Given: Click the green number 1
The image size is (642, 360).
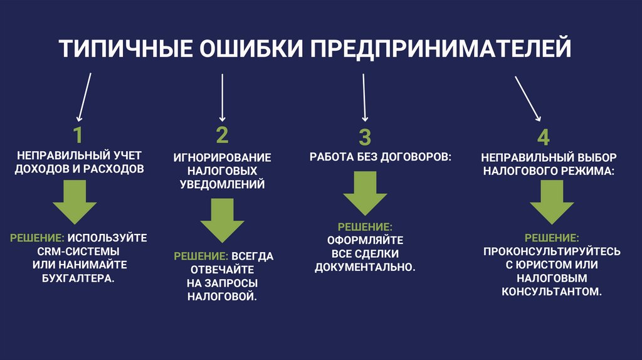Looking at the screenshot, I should click(x=77, y=135).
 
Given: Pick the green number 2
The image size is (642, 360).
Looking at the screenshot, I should click(x=222, y=135).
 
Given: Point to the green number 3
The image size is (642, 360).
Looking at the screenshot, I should click(x=365, y=137).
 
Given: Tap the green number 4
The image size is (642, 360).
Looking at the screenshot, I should click(x=544, y=137).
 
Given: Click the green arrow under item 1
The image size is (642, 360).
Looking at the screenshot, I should click(x=75, y=203).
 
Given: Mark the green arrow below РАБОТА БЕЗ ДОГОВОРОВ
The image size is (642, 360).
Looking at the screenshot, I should click(x=366, y=194).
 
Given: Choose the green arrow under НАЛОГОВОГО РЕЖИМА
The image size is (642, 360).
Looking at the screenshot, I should click(x=552, y=203).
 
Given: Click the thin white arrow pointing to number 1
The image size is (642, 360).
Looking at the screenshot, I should click(x=85, y=97).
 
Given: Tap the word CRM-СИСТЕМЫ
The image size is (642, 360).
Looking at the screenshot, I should click(x=78, y=251).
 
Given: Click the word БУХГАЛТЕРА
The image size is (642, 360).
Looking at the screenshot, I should click(x=78, y=278).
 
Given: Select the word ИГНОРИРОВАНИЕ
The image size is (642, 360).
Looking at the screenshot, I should click(x=223, y=157).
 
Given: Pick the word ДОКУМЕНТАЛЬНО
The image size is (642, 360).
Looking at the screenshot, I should click(x=366, y=267).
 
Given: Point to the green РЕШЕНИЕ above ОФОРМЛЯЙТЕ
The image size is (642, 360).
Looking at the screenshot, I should click(x=366, y=226).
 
